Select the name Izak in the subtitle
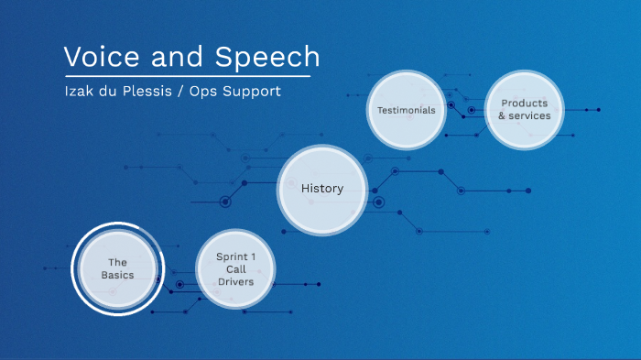pos(78,93)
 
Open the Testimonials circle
pos(406,110)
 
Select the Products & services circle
pos(525,110)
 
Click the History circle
pos(322,190)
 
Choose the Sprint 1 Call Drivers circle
pos(235,268)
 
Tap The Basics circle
pos(117,268)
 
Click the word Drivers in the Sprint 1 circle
pos(235,282)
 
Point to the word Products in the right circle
pos(525,104)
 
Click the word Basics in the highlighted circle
pos(117,275)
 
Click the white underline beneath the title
pos(187,76)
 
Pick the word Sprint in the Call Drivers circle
pos(231,256)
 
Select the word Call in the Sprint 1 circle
pos(235,269)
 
